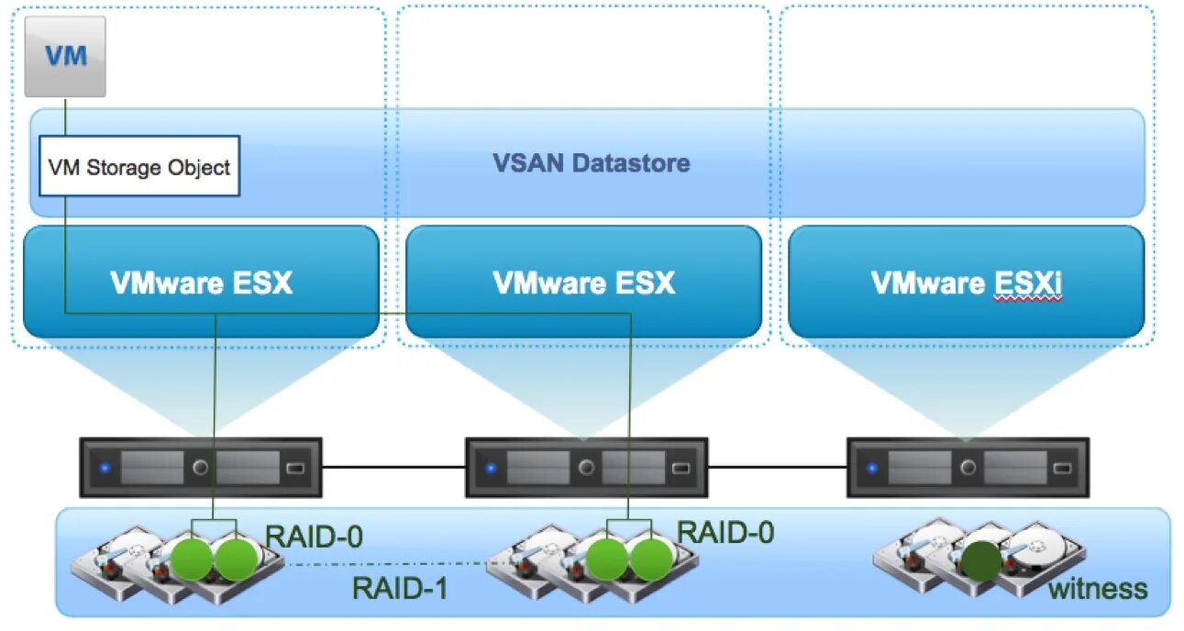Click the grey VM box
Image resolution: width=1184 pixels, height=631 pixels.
tap(65, 56)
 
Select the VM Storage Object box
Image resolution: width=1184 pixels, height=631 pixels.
tap(139, 167)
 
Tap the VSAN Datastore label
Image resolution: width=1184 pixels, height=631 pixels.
tap(592, 164)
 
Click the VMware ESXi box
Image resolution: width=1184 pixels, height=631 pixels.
tap(966, 282)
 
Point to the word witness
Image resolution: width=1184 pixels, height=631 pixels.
tap(1097, 588)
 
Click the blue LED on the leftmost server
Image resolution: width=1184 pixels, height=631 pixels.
tap(105, 468)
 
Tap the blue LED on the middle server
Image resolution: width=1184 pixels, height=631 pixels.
tap(491, 468)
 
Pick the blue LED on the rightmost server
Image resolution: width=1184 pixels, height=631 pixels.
tap(872, 468)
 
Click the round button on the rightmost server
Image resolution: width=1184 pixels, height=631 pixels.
tap(968, 468)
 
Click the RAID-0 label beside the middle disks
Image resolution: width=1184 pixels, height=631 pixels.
tap(725, 532)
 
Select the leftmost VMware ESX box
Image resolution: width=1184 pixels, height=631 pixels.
tap(201, 282)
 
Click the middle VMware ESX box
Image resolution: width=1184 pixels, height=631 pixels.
tap(583, 282)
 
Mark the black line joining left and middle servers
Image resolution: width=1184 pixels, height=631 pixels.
tap(394, 468)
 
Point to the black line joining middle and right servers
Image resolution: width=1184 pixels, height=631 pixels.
tap(777, 468)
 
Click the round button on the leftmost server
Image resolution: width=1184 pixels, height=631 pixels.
tap(200, 468)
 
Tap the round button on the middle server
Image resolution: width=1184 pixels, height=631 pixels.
tap(586, 468)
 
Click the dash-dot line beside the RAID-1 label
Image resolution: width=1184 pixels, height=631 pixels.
tap(367, 564)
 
